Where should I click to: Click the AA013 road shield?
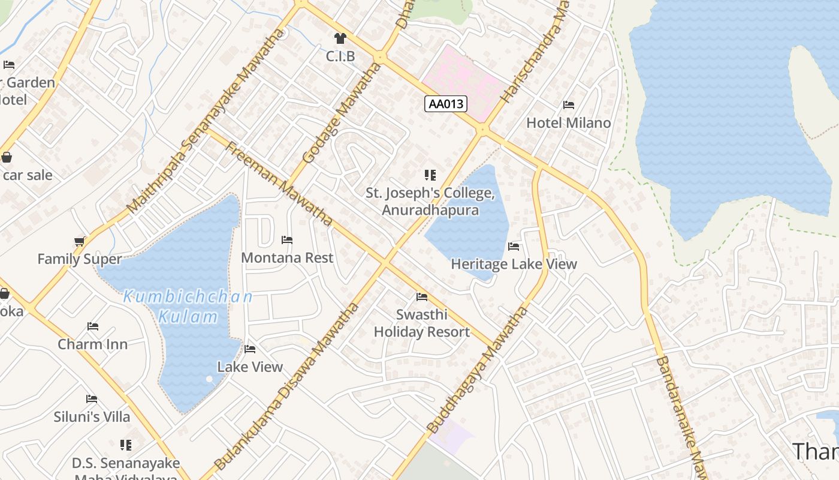tap(446, 104)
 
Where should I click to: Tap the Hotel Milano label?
tap(568, 123)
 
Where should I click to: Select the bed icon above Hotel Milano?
tap(569, 105)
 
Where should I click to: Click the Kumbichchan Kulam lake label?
tap(188, 307)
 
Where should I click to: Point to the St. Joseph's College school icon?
tap(430, 175)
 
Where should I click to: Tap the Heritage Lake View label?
tap(514, 264)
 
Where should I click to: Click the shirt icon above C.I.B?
tap(340, 39)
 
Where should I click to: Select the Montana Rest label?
tap(287, 257)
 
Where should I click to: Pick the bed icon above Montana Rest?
tap(287, 240)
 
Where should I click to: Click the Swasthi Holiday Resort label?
tap(422, 323)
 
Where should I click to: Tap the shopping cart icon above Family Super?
tap(79, 242)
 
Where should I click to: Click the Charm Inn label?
tap(92, 344)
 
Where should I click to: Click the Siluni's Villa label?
tap(92, 416)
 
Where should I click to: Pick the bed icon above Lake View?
tap(250, 349)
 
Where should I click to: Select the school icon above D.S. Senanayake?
tap(125, 445)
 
